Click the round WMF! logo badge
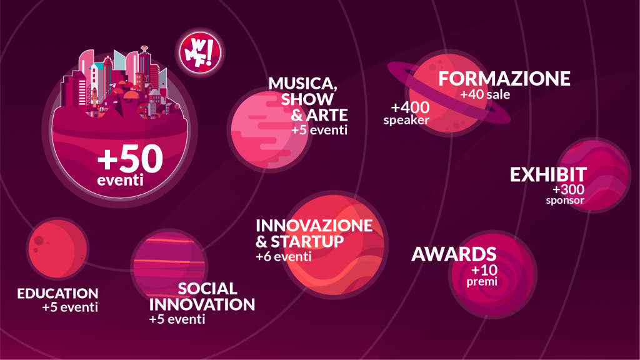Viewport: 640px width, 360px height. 200,52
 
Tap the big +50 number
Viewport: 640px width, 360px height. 130,159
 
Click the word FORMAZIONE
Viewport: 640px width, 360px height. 504,79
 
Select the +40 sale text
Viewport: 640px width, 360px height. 485,95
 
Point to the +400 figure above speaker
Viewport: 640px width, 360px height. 410,107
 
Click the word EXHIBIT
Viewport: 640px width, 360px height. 548,175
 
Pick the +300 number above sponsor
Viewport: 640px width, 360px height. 568,189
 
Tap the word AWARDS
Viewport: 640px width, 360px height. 454,254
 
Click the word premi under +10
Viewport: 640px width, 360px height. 482,282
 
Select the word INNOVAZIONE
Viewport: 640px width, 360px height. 314,226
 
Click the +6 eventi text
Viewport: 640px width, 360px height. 283,257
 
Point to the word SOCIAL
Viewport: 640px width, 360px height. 207,289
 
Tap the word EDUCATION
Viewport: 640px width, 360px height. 57,294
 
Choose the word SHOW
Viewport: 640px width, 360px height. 307,99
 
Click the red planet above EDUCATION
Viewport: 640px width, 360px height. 57,249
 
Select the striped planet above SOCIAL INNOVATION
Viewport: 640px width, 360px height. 169,265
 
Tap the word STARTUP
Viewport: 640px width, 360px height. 307,242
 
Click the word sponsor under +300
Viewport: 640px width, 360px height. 565,201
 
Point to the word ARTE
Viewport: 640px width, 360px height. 326,115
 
